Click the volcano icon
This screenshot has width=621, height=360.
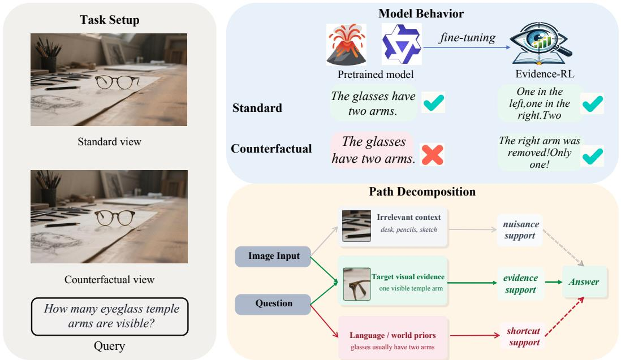point(346,44)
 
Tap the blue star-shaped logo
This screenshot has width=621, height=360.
point(401,44)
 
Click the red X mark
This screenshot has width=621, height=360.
point(432,154)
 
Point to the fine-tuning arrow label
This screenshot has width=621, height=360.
point(467,37)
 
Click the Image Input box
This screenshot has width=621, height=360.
point(273,257)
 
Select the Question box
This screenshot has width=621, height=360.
point(273,304)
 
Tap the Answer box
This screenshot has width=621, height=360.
point(584,282)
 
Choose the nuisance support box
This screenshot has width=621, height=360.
point(520,230)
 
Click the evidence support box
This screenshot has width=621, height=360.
point(520,284)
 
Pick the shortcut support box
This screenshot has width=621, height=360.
point(523,337)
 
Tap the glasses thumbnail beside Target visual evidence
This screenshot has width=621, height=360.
point(357,284)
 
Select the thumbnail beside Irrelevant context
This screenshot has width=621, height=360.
point(356,226)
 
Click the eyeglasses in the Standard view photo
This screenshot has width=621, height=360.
point(117,82)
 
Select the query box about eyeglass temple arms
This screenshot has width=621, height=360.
point(110,316)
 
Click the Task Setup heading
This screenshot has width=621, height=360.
point(109,20)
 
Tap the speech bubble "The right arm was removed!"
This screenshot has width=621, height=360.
point(540,153)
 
